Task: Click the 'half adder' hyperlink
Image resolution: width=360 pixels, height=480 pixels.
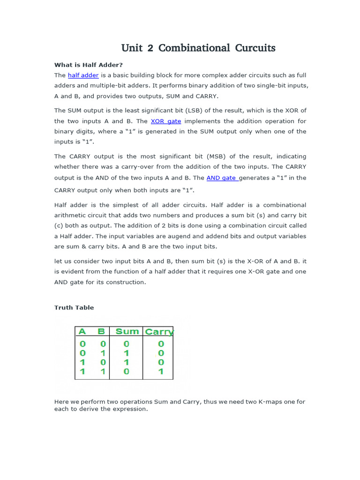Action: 83,75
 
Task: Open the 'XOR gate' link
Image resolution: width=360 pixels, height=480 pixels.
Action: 165,121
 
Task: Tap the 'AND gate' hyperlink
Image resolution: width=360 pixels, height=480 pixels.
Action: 221,178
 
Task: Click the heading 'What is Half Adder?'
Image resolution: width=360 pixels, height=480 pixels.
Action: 89,65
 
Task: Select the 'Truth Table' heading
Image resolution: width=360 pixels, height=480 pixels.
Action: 74,307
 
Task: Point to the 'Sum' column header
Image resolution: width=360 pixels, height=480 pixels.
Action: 127,331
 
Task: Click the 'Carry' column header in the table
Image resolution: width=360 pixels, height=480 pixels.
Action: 159,332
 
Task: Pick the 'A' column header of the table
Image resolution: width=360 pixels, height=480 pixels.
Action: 82,331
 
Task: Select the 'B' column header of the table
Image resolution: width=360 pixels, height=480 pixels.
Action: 101,331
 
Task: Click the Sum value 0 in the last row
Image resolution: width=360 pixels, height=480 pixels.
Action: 127,372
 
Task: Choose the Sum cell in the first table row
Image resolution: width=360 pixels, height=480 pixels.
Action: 127,344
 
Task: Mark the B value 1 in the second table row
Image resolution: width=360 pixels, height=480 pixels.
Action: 103,353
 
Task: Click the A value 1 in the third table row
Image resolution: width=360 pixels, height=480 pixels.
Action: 82,362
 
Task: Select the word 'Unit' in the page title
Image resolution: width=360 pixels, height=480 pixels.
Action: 131,48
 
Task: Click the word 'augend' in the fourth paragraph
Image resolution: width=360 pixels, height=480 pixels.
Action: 197,236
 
